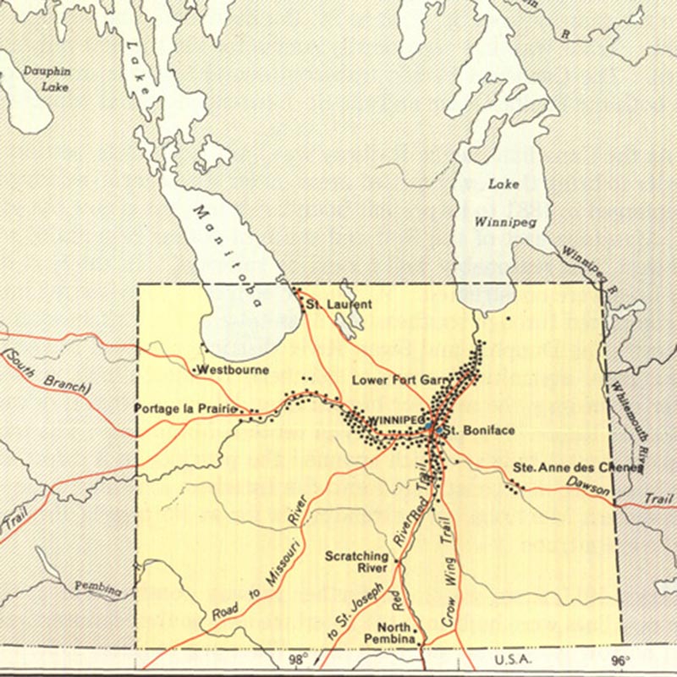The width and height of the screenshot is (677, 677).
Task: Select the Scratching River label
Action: click(x=357, y=562)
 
